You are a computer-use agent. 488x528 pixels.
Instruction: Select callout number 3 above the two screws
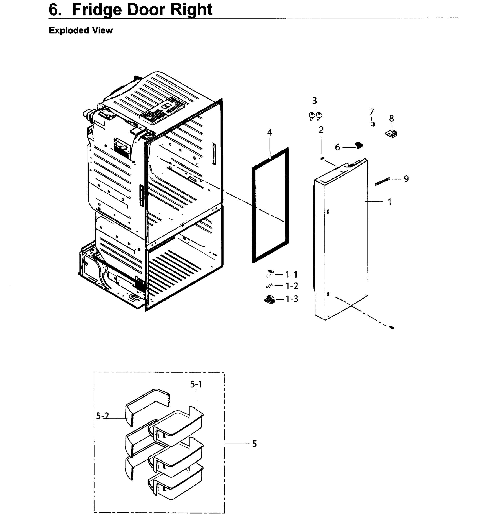click(x=314, y=101)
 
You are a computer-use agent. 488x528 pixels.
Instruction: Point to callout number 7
click(x=371, y=112)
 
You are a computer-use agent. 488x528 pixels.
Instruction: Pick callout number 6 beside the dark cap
click(x=337, y=147)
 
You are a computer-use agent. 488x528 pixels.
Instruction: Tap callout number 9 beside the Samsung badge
click(x=406, y=179)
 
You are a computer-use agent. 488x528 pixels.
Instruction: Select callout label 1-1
click(x=291, y=275)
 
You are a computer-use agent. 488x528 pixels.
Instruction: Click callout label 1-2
click(x=291, y=286)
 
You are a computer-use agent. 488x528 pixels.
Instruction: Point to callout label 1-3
click(x=292, y=299)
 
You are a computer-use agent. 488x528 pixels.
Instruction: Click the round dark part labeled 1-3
click(x=269, y=299)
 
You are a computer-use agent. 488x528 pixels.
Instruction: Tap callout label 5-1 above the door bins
click(x=196, y=385)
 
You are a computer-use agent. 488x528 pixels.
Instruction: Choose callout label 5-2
click(x=102, y=416)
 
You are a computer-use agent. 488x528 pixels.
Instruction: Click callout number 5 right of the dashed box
click(x=254, y=444)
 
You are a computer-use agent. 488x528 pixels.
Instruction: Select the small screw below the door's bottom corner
click(x=392, y=328)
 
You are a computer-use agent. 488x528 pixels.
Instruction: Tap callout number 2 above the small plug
click(x=321, y=130)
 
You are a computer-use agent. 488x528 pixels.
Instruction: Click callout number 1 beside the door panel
click(x=389, y=202)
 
